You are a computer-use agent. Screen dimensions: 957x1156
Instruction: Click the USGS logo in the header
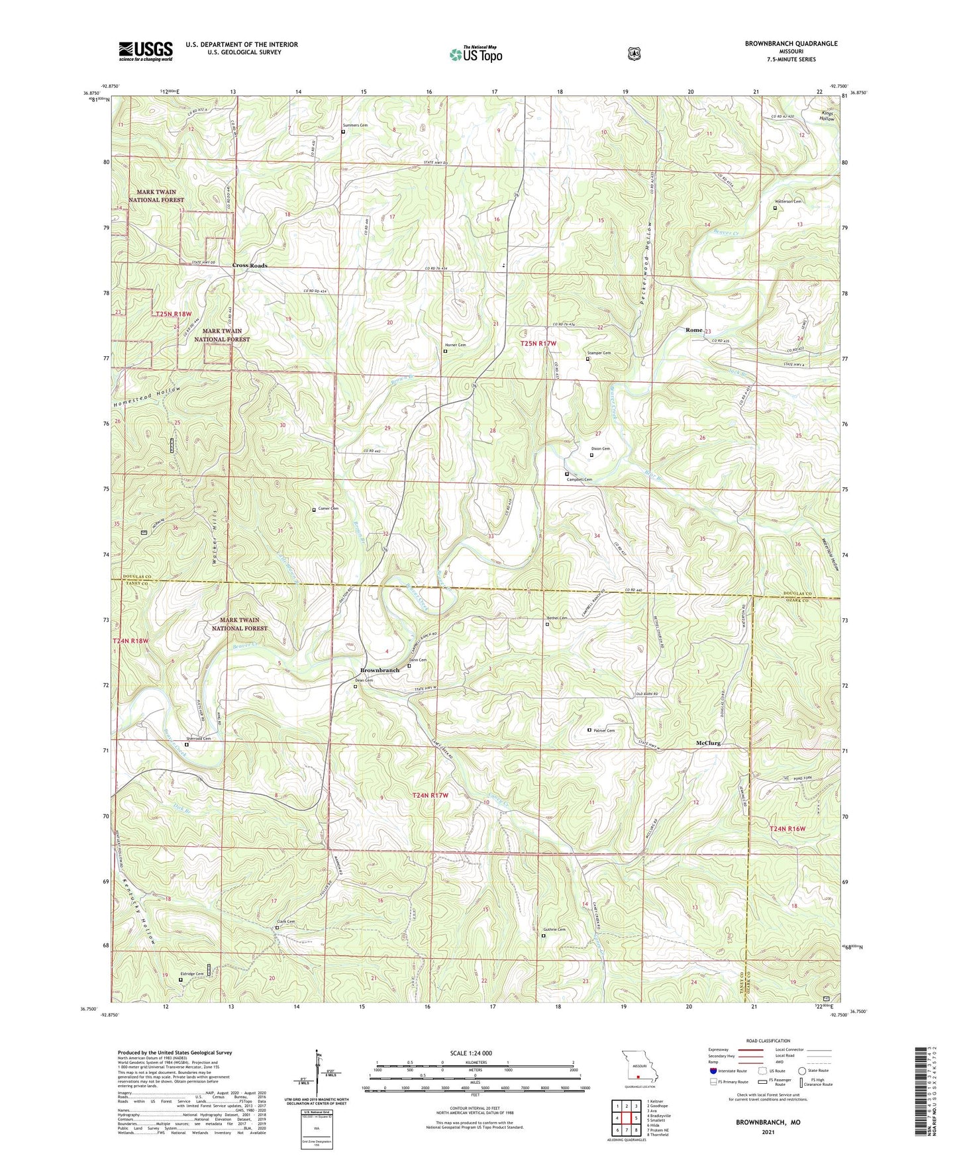146,51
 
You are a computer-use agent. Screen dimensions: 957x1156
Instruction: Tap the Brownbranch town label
379,670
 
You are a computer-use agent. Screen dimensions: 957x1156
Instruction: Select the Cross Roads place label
250,265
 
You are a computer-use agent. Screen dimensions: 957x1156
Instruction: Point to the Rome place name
693,330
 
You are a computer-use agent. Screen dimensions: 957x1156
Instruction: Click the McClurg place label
708,743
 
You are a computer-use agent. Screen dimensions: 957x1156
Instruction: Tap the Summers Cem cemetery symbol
343,132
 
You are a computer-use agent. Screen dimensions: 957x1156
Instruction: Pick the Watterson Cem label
788,201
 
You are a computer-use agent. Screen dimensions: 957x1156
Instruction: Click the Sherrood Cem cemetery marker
186,744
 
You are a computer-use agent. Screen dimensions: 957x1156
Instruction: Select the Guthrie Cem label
554,930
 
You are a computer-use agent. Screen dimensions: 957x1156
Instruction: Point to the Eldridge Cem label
192,974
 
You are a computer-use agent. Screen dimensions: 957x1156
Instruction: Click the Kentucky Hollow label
141,911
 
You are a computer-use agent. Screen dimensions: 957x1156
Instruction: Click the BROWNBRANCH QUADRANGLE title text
791,44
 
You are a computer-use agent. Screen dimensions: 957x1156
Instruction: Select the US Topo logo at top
476,54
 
